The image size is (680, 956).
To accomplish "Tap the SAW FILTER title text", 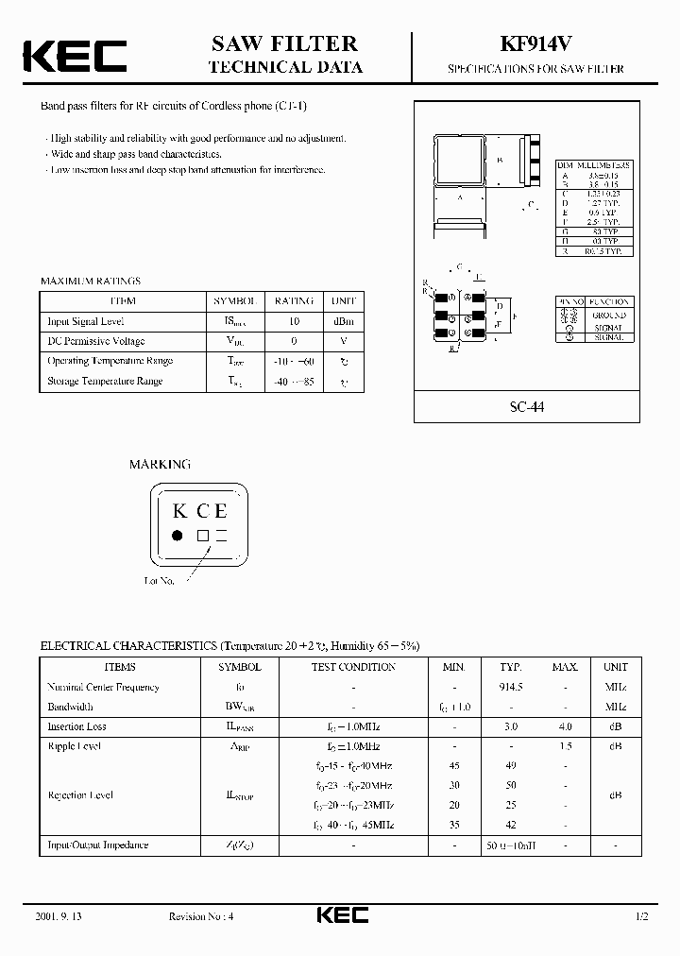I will [285, 43].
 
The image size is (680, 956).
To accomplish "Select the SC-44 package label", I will [528, 407].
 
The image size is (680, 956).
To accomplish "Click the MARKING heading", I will [160, 464].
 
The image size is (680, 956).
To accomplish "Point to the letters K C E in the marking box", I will [200, 512].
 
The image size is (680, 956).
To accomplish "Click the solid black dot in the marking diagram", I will [177, 536].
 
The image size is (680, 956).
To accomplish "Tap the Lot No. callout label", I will [160, 580].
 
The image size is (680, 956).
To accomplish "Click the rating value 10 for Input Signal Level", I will [294, 321].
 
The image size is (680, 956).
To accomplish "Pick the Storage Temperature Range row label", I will [105, 381].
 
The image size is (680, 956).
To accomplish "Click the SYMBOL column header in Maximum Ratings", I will [233, 300].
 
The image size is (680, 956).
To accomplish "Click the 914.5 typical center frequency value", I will [511, 687].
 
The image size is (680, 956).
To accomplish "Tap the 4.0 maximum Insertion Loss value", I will [565, 726].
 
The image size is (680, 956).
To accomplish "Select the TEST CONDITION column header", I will [353, 667].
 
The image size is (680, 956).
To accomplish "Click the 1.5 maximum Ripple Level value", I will [565, 746].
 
